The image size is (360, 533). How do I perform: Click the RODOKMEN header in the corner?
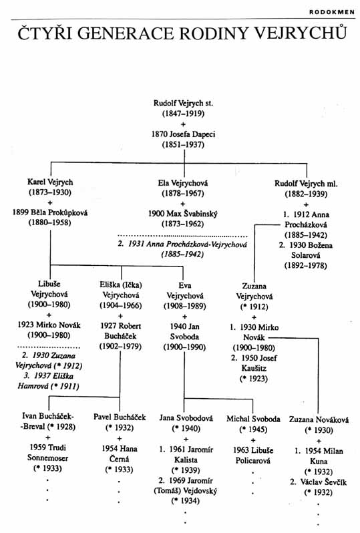click(x=332, y=12)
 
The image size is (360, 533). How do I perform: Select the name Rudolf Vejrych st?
click(x=183, y=103)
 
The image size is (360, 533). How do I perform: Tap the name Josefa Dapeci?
click(x=192, y=134)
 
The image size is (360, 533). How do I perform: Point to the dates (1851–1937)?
click(x=183, y=144)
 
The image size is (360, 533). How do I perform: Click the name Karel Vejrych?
click(x=50, y=182)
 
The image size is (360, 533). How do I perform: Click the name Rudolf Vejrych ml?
click(x=306, y=184)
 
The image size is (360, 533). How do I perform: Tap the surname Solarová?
click(x=306, y=255)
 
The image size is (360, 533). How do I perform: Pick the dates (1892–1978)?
click(x=306, y=265)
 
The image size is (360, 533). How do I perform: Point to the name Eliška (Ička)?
click(x=121, y=285)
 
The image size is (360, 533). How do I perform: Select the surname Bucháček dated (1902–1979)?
click(x=120, y=336)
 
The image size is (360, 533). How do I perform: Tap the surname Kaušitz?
click(x=254, y=368)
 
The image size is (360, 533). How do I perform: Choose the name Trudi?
click(x=57, y=448)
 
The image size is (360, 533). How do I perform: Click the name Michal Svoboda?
click(x=253, y=419)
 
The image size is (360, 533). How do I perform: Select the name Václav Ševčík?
click(x=323, y=482)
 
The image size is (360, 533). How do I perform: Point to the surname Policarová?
click(x=253, y=461)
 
